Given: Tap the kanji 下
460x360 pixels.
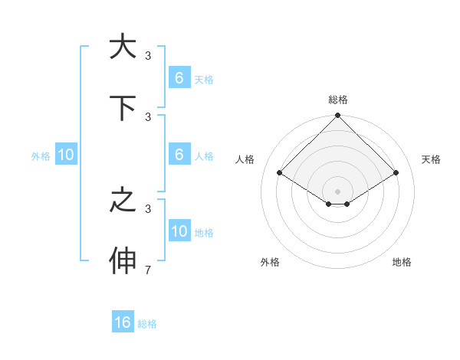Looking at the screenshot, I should coord(123,107).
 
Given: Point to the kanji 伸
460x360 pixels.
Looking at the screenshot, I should coord(123,260).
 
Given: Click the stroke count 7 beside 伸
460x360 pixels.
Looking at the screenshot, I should coord(148,270).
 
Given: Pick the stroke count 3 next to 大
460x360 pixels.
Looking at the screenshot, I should coord(148,55).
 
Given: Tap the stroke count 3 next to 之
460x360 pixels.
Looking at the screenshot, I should coord(148,208).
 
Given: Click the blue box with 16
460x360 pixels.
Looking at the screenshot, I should coord(123,322).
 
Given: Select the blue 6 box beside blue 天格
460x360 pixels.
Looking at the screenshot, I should coord(179,78).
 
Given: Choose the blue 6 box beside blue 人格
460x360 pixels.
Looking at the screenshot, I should coord(179,155).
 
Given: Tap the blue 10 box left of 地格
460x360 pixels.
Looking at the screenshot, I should coord(179,231).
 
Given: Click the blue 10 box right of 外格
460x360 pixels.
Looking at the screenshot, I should coord(66,155).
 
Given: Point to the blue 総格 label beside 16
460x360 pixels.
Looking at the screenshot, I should coord(147,324).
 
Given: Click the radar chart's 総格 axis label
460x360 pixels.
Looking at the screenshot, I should coord(338,100).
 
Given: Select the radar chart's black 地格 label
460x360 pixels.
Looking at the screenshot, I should coord(402,262).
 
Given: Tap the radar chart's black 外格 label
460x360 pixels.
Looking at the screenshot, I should coord(270,262).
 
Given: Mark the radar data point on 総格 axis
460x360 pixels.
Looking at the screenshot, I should coord(338,116).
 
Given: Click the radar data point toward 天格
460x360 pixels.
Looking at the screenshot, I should coord(396,172).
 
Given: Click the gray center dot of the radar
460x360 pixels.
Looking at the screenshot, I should coord(338,191).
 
